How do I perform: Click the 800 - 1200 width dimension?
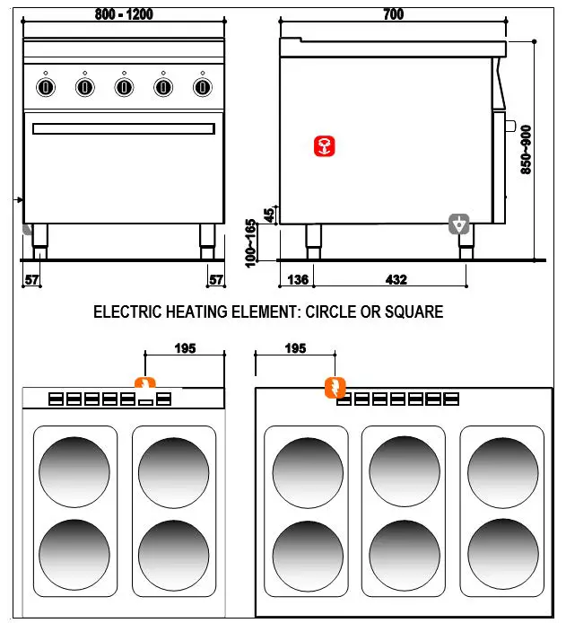point(123,13)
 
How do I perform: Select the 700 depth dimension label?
point(393,13)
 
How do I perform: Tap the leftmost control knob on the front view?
point(45,87)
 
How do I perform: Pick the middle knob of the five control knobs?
point(124,87)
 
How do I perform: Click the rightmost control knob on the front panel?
point(203,87)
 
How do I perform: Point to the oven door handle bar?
point(123,128)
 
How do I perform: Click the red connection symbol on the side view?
point(325,147)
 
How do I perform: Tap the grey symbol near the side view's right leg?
point(459,224)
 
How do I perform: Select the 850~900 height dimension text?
point(526,149)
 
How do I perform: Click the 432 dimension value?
point(396,279)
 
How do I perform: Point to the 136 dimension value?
point(297,279)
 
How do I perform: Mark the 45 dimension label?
point(268,215)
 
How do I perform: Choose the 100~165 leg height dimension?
point(252,241)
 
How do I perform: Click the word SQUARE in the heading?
point(410,312)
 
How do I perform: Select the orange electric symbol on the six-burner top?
point(334,388)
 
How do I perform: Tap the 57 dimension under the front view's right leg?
point(215,280)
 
